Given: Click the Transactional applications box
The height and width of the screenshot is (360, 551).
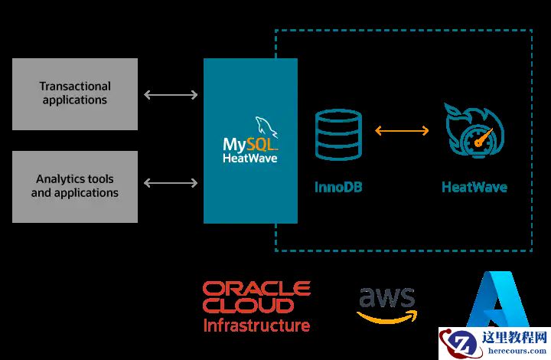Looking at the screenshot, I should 75,93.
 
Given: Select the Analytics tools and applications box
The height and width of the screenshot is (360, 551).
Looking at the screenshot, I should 75,186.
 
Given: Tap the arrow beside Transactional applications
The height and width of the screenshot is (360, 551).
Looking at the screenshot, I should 171,95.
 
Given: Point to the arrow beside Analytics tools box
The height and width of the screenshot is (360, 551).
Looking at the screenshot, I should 171,183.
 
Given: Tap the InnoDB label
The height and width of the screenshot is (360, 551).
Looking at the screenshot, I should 337,186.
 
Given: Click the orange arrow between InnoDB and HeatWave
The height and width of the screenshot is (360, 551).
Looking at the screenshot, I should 402,131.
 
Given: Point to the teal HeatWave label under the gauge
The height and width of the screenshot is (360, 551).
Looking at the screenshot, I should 474,186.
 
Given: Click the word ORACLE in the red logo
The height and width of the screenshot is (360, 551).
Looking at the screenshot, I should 256,288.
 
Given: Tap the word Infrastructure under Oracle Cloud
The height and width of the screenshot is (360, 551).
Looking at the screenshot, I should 256,326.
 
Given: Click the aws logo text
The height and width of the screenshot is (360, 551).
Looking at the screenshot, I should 386,298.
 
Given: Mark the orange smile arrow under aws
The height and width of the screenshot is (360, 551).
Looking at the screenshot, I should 386,316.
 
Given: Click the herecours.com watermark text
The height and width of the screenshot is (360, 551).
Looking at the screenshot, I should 517,352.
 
